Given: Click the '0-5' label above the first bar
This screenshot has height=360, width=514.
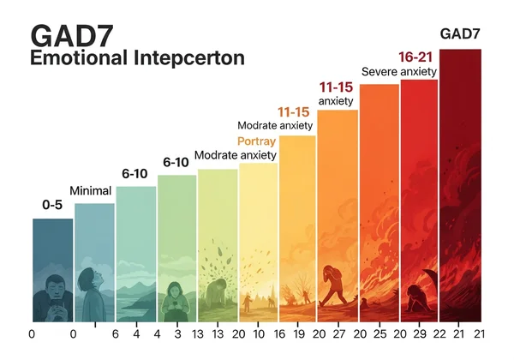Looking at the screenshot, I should (51, 205).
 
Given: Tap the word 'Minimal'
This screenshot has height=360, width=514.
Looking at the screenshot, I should (91, 190).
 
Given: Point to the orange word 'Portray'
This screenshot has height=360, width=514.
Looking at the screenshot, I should (255, 141).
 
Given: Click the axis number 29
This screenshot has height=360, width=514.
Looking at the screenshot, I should (419, 335).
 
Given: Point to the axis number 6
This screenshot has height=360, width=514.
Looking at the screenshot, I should (115, 335).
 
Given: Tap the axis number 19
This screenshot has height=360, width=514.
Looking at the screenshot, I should (299, 335).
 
